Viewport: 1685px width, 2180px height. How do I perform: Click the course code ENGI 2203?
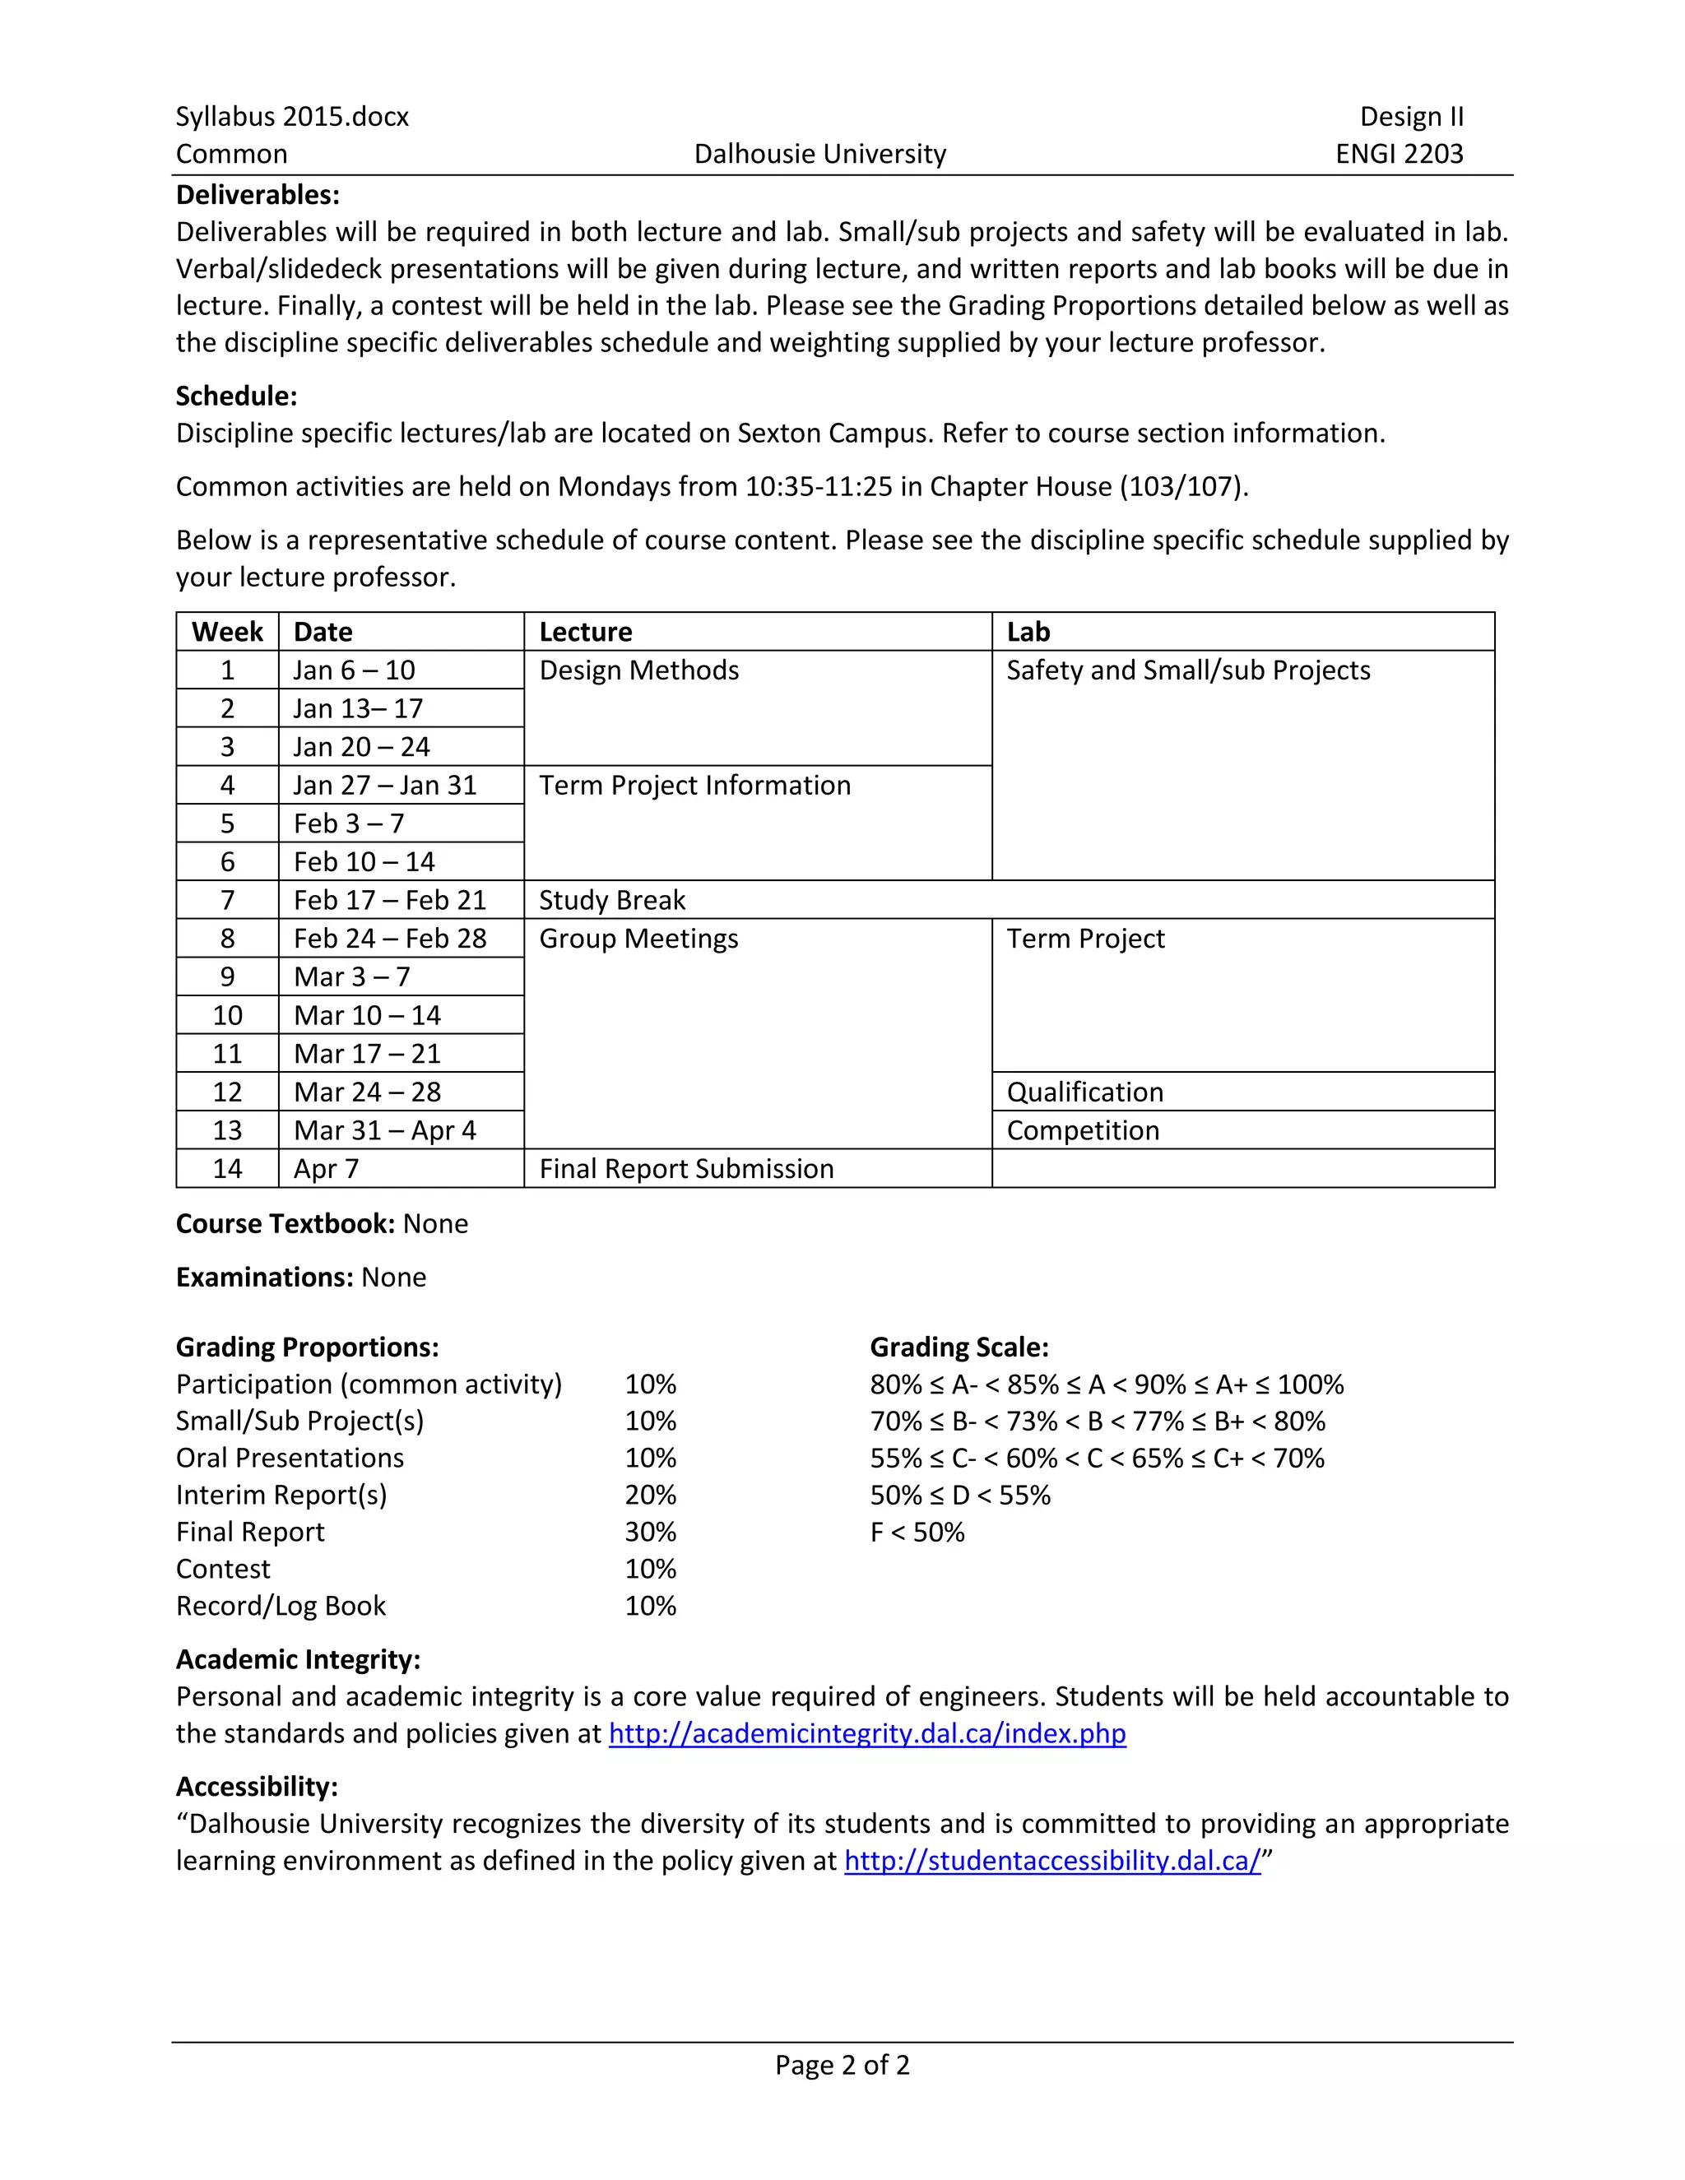click(x=1399, y=154)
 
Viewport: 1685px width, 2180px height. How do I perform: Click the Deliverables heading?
click(x=258, y=195)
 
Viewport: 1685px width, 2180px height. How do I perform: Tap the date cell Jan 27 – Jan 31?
click(x=384, y=786)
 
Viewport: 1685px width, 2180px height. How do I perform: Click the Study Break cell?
click(x=612, y=900)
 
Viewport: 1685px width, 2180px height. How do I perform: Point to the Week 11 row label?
click(x=228, y=1054)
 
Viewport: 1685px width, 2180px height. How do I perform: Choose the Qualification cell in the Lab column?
click(x=1084, y=1092)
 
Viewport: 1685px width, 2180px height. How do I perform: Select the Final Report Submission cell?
click(x=686, y=1169)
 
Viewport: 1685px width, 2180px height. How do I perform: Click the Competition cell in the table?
click(x=1082, y=1131)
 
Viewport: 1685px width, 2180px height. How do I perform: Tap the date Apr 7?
click(x=326, y=1169)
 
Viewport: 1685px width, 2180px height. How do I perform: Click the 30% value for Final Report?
click(x=650, y=1533)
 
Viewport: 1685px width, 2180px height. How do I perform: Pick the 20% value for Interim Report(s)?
click(x=650, y=1496)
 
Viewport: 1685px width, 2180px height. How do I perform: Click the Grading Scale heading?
click(x=959, y=1347)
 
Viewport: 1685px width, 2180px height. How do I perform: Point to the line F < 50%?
click(x=917, y=1533)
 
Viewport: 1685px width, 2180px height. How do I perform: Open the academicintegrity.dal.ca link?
click(x=866, y=1734)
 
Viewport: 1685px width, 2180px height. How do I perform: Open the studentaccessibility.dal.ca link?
click(x=1052, y=1861)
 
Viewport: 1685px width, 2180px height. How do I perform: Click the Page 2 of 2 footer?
click(x=842, y=2065)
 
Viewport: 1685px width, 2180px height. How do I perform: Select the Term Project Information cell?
click(x=694, y=786)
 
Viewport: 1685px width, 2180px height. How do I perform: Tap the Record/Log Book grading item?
click(x=281, y=1606)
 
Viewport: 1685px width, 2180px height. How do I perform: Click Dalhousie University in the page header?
click(x=819, y=154)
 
